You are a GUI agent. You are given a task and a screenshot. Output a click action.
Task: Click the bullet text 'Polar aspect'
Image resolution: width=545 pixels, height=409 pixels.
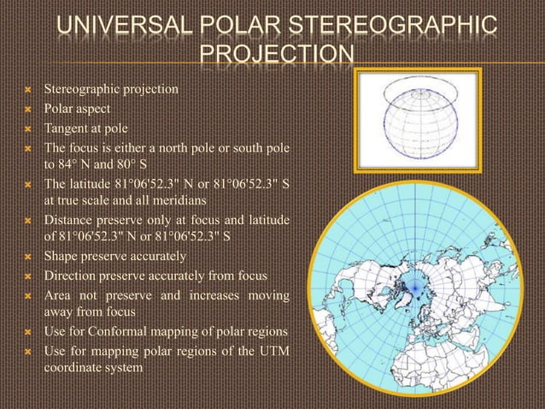[79, 109]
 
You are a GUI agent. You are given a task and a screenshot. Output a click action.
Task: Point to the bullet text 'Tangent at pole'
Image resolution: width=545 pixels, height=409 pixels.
[86, 128]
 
